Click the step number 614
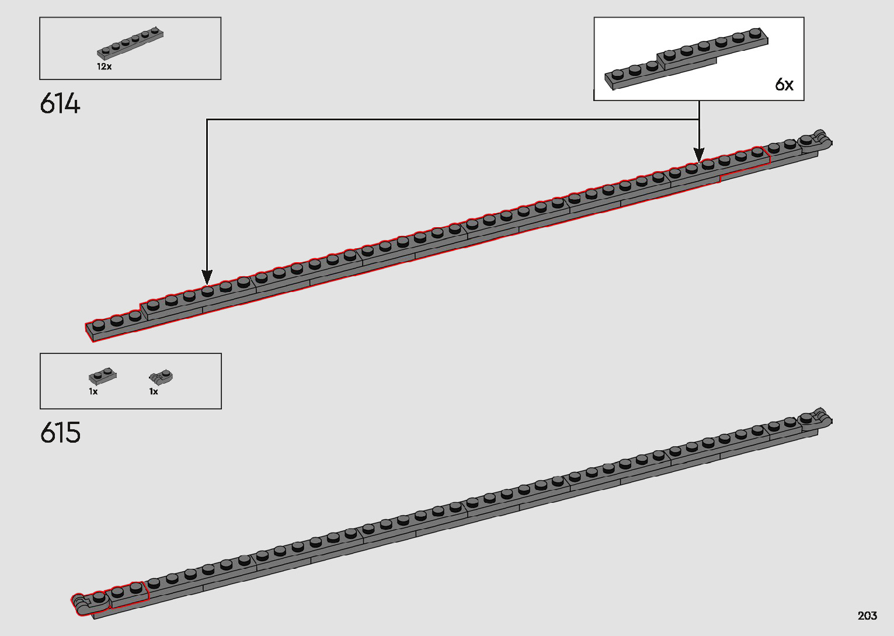click(x=60, y=104)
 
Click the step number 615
click(x=60, y=433)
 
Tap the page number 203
click(x=867, y=616)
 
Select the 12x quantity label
click(x=105, y=67)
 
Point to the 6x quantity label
click(x=784, y=85)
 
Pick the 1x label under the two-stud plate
click(x=93, y=391)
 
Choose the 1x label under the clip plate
click(x=154, y=391)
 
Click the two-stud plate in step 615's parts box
click(x=102, y=376)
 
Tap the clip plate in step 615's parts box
click(x=161, y=376)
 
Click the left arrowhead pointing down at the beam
click(x=207, y=276)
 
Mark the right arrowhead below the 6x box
click(x=699, y=155)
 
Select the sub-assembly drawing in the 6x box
click(x=686, y=58)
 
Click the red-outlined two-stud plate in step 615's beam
click(x=127, y=593)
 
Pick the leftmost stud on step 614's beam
click(x=99, y=324)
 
